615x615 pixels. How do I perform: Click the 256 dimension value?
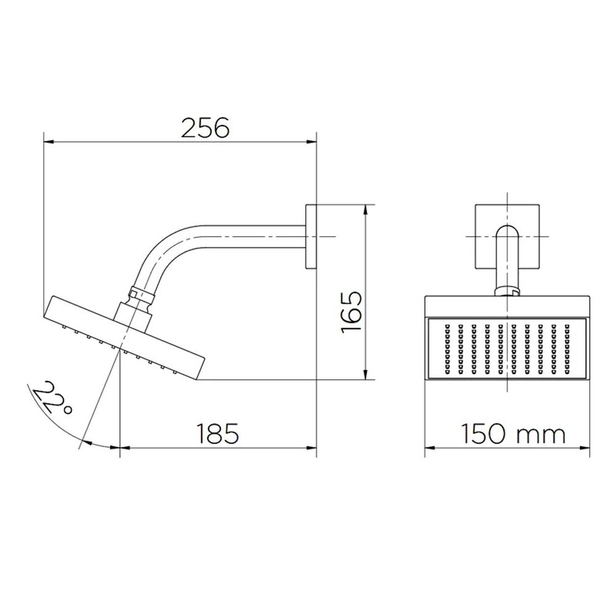pyautogui.click(x=205, y=128)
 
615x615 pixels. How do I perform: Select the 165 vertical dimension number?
pyautogui.click(x=351, y=312)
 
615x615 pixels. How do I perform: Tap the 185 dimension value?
pyautogui.click(x=217, y=434)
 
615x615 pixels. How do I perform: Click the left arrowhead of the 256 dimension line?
pyautogui.click(x=49, y=142)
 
